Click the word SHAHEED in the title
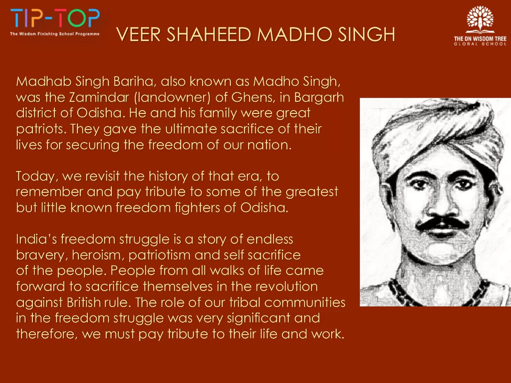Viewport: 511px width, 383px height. pos(209,34)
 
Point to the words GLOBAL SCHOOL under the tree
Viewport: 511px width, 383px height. pos(480,44)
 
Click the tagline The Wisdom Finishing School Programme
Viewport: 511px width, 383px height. pos(55,34)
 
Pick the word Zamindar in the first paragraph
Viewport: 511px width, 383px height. pos(99,97)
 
